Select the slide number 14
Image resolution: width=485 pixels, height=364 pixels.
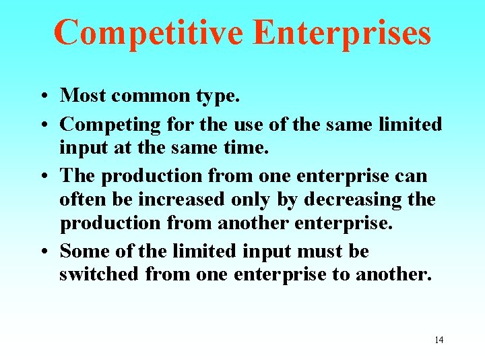[x=439, y=340]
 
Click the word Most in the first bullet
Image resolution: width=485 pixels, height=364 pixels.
[x=84, y=96]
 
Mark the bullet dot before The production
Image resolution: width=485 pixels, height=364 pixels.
[x=42, y=177]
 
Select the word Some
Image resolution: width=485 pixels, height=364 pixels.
[x=84, y=251]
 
